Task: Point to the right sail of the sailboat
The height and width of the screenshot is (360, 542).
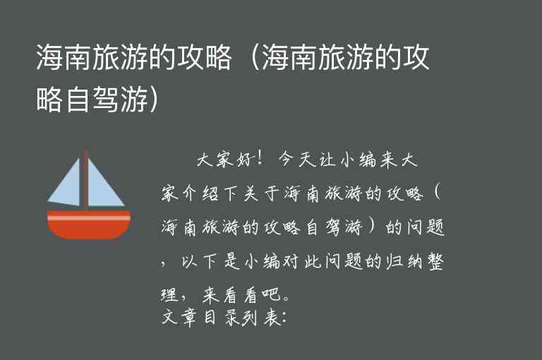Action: point(104,186)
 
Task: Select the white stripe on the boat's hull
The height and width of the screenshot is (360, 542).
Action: point(88,218)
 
